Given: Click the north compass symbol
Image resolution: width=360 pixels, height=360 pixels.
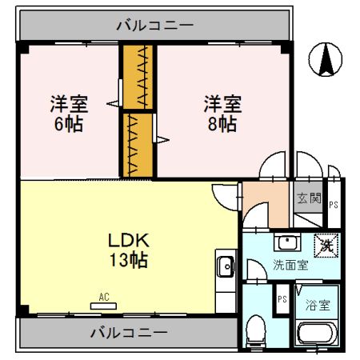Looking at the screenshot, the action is (x=326, y=59).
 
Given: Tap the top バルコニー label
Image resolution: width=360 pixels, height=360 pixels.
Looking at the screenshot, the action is (x=155, y=26).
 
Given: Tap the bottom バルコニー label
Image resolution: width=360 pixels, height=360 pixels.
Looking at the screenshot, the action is (x=129, y=332).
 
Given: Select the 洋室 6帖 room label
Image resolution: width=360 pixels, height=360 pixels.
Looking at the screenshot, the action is (x=69, y=114).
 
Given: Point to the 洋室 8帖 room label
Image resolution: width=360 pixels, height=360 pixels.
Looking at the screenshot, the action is (x=222, y=114).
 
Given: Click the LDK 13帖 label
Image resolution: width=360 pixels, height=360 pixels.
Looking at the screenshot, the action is (x=129, y=250).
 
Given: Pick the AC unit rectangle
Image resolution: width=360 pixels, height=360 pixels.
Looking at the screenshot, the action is (x=103, y=306).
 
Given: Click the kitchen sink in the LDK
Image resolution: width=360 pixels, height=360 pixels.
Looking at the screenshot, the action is (x=226, y=266).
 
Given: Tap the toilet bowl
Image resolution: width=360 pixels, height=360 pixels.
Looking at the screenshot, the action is (x=256, y=331).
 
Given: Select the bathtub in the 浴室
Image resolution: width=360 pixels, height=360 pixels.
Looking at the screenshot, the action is (x=317, y=334).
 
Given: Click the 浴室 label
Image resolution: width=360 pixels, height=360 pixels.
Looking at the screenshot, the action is (x=318, y=306).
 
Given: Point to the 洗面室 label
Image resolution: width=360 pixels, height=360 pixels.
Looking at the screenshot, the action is (x=290, y=265).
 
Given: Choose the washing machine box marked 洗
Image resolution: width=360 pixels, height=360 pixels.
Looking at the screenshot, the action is (x=326, y=246).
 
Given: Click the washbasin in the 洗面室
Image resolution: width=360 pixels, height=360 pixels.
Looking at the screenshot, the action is (x=287, y=242).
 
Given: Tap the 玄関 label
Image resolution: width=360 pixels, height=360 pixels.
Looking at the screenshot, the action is (x=309, y=198).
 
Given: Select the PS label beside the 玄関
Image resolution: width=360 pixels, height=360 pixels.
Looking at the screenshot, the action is (x=334, y=205).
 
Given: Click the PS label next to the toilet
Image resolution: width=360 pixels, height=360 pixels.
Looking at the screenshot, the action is (x=282, y=299).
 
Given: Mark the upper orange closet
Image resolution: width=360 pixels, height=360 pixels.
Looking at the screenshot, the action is (x=138, y=77).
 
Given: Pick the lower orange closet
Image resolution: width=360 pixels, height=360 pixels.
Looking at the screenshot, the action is (x=138, y=146).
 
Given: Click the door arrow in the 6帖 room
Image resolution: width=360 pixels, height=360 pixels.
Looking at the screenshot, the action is (x=113, y=104).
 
